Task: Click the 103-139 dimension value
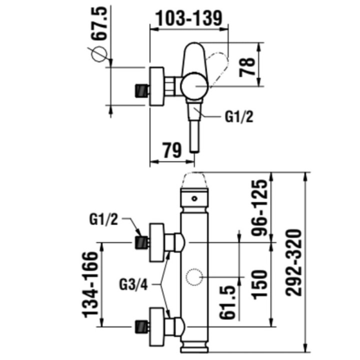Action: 188,18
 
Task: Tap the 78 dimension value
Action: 247,67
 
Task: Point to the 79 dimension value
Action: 172,150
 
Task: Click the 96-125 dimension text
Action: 259,208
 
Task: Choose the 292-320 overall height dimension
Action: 293,262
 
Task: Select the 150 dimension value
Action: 259,284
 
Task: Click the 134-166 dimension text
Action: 90,284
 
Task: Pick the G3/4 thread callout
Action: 133,285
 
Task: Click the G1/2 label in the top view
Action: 239,117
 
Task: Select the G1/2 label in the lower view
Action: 103,219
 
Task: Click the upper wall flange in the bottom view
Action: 157,242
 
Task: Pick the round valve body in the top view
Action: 194,86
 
